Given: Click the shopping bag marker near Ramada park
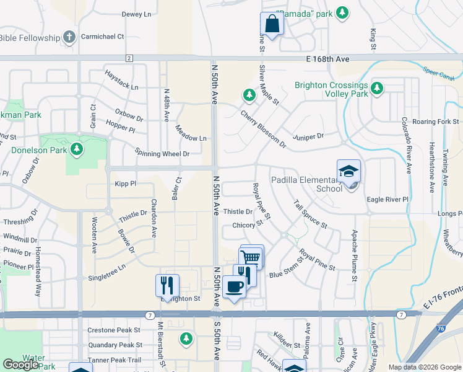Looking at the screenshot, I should click(x=272, y=24).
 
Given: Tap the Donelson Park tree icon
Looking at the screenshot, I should click(x=76, y=149).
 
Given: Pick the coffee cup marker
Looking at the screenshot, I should click(x=235, y=287).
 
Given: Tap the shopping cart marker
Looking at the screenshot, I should click(x=251, y=257).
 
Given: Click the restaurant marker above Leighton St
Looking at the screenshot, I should click(x=167, y=285).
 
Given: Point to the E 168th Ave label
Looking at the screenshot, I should click(x=327, y=59).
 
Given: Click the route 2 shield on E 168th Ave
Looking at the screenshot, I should click(x=129, y=58).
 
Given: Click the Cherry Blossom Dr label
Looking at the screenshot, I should click(x=263, y=130).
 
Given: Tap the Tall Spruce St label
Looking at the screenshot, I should click(x=310, y=213).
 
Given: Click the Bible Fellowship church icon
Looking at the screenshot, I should click(x=69, y=37).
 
